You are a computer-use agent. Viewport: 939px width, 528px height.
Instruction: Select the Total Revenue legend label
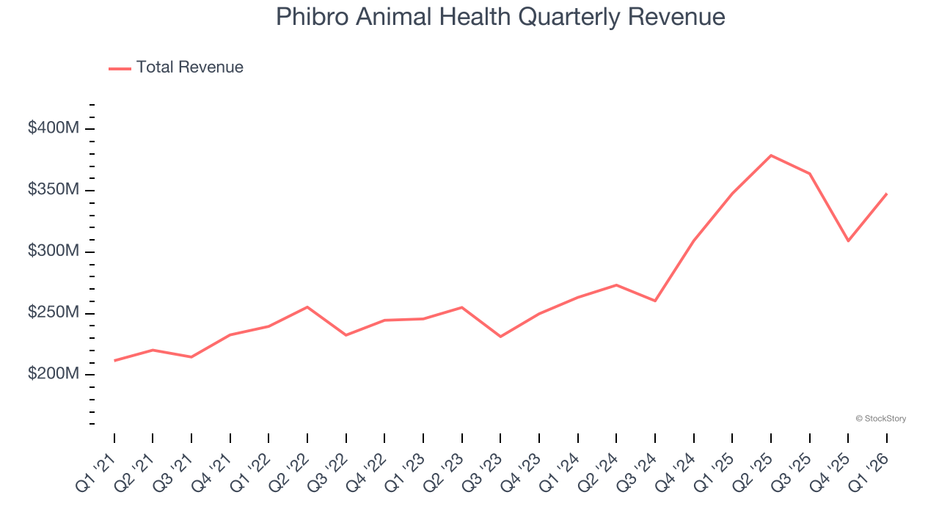pos(189,67)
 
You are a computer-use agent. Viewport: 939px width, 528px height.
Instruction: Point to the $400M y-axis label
pos(54,128)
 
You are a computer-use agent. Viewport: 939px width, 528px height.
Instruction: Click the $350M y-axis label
pos(54,190)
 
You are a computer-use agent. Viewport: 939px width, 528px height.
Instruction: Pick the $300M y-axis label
pos(54,252)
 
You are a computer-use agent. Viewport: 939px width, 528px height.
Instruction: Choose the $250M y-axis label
pos(54,313)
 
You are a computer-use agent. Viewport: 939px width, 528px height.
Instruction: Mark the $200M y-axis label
pos(54,374)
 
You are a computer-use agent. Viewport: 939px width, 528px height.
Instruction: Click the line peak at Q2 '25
pos(771,155)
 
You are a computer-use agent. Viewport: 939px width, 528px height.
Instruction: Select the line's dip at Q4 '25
pos(848,241)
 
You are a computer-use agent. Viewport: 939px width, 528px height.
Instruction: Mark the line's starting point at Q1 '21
pos(114,361)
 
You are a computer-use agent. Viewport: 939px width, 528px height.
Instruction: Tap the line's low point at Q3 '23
pos(500,337)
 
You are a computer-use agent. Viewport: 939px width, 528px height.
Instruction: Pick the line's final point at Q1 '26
pos(887,194)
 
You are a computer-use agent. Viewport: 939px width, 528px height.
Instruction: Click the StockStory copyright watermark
pos(880,419)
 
